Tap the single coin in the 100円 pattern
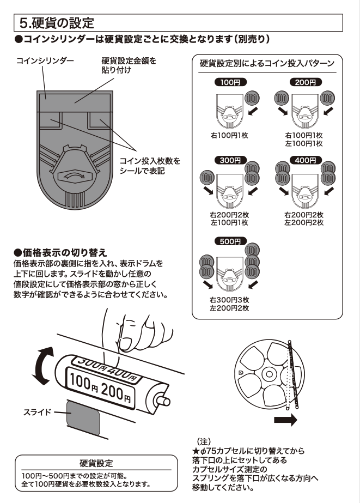click(x=251, y=99)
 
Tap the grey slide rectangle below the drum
click(x=83, y=420)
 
